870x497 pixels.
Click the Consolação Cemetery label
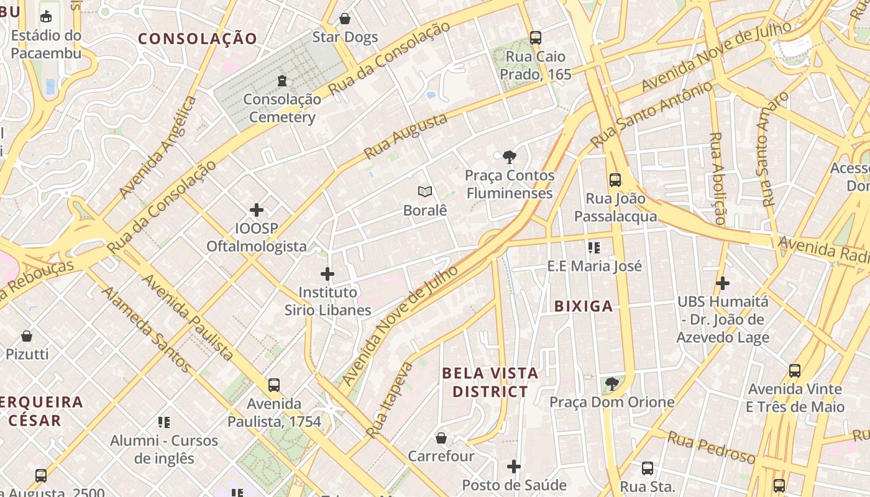pyautogui.click(x=282, y=108)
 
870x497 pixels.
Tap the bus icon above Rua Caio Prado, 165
pyautogui.click(x=535, y=38)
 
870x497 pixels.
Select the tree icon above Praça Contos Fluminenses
pyautogui.click(x=510, y=157)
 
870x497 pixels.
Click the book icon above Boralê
pyautogui.click(x=425, y=191)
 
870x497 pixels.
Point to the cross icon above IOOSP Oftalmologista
pyautogui.click(x=257, y=210)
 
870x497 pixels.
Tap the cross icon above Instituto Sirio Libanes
pyautogui.click(x=327, y=273)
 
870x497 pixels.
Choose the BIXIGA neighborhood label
pyautogui.click(x=583, y=306)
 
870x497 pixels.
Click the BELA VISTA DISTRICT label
pyautogui.click(x=490, y=382)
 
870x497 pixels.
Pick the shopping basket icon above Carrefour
pyautogui.click(x=441, y=438)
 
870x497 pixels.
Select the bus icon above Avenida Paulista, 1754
pyautogui.click(x=274, y=385)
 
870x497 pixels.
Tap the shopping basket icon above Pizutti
pyautogui.click(x=27, y=336)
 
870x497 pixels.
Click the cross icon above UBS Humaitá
pyautogui.click(x=722, y=283)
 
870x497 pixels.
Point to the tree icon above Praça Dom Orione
pyautogui.click(x=612, y=383)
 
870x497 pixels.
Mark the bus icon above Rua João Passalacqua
pyautogui.click(x=615, y=180)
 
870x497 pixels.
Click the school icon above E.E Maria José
pyautogui.click(x=594, y=248)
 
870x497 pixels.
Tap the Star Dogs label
pyautogui.click(x=345, y=37)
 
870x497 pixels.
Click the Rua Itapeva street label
pyautogui.click(x=390, y=399)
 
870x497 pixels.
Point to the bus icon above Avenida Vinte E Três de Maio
pyautogui.click(x=794, y=371)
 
